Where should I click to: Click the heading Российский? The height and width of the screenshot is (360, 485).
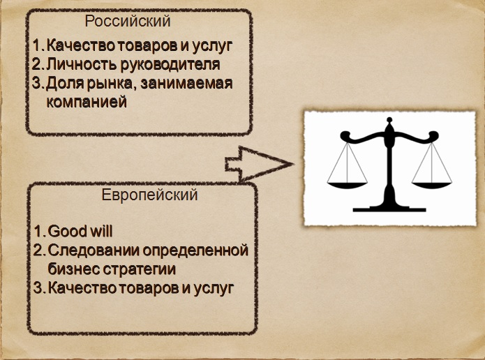tap(128, 22)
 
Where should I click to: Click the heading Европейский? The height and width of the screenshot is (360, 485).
tap(150, 195)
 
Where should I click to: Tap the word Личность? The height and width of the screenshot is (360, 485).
tap(82, 64)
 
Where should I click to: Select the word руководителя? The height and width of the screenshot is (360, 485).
tap(170, 65)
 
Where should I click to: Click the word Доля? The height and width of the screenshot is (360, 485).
tap(65, 84)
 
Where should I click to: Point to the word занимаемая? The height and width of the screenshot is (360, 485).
tap(186, 84)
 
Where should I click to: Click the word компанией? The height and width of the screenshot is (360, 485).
tap(87, 102)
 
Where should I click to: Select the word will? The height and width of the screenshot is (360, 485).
tap(100, 232)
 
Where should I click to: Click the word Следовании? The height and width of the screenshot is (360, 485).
tap(94, 250)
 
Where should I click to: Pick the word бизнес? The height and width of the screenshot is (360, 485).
tap(73, 269)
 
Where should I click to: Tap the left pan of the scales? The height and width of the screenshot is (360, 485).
tap(347, 186)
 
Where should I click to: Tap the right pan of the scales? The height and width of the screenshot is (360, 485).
tap(432, 186)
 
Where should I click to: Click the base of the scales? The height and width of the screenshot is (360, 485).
tap(389, 208)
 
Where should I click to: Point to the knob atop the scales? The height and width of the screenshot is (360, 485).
tap(389, 119)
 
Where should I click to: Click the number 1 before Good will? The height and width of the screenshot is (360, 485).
tap(38, 232)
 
